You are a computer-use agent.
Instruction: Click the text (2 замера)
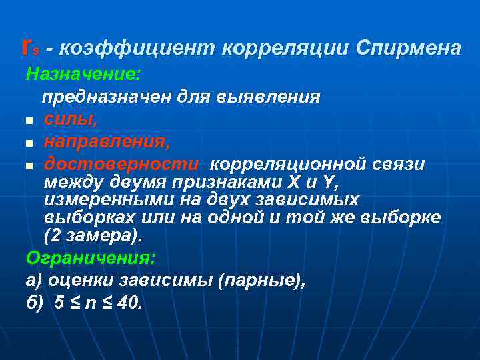click(93, 236)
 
